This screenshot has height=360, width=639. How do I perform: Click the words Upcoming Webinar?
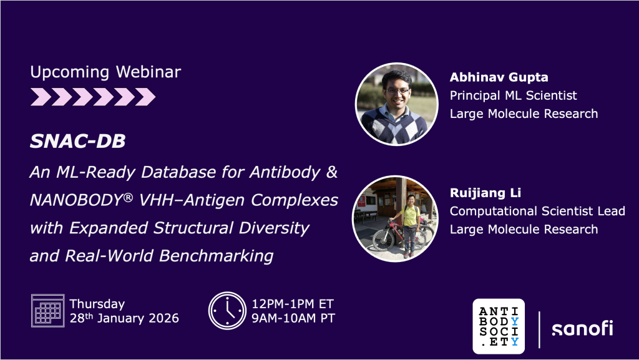(x=105, y=72)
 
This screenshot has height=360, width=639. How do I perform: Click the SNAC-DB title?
(x=77, y=141)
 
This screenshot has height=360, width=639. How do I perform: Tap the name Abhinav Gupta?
(x=499, y=77)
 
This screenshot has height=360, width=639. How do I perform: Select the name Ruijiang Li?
(x=485, y=193)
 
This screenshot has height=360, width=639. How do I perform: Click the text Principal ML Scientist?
(x=514, y=95)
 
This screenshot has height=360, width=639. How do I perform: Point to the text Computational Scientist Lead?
(x=537, y=211)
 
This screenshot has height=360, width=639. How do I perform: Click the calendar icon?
(x=47, y=310)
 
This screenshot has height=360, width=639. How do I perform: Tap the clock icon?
(x=227, y=310)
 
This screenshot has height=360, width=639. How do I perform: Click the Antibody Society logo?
(x=499, y=326)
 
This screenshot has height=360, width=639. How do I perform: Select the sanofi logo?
(x=582, y=328)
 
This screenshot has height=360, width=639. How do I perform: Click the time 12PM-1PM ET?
(x=293, y=304)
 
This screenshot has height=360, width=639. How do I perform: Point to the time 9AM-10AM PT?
(x=293, y=318)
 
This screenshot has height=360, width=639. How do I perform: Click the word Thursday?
(x=97, y=304)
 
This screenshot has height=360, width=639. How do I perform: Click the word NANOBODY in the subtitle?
(x=77, y=200)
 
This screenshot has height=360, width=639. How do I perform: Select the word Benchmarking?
(x=216, y=256)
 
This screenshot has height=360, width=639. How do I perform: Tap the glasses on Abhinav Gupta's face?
(x=396, y=91)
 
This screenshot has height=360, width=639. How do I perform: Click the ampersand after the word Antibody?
(x=332, y=172)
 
